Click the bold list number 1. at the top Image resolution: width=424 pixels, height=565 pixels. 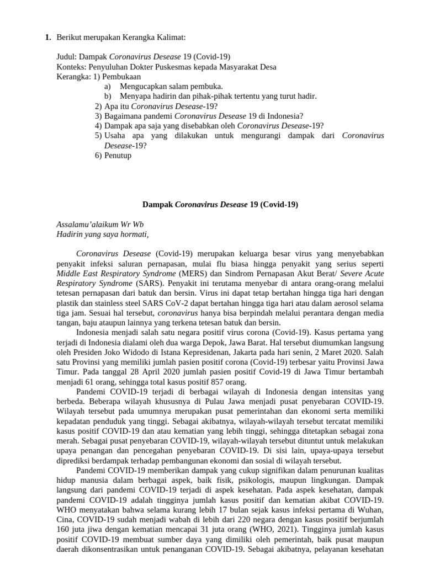tap(47, 37)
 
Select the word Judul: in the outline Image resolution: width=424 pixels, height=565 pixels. tap(68, 57)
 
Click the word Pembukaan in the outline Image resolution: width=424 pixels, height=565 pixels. tap(123, 77)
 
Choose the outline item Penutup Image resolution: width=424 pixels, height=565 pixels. tap(118, 156)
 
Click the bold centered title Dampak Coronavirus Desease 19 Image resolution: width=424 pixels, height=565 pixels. tap(220, 204)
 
